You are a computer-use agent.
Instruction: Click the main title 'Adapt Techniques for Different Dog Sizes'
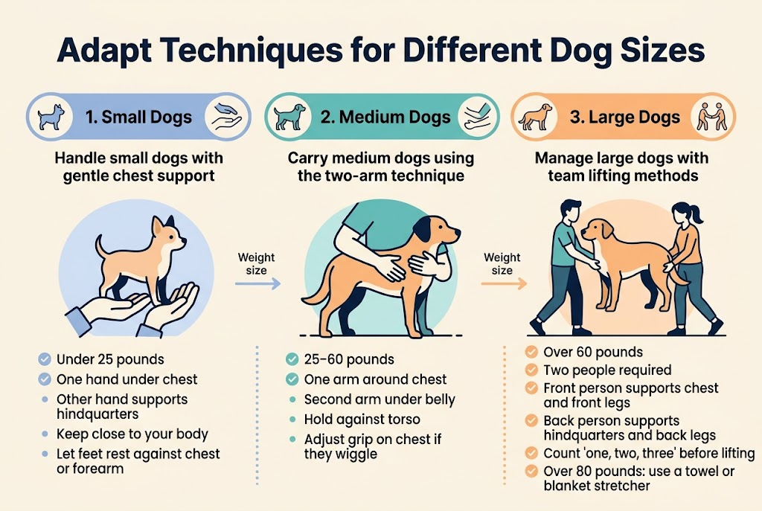coord(380,53)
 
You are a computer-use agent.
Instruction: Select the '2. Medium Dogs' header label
coord(385,117)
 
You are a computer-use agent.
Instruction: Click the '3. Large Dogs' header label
coord(634,117)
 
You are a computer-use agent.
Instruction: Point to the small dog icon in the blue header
coord(51,116)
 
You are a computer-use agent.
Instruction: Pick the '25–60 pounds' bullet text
coord(349,360)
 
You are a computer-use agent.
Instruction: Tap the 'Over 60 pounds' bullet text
coord(593,352)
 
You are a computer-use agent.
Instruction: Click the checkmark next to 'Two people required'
coord(531,370)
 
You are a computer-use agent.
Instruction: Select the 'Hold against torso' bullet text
coord(362,420)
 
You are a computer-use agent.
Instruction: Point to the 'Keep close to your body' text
coord(132,434)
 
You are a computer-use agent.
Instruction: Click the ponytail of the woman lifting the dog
coord(697,216)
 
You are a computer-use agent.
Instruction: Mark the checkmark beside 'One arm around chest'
coord(292,379)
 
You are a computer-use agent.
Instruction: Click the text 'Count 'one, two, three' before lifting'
coord(649,453)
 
